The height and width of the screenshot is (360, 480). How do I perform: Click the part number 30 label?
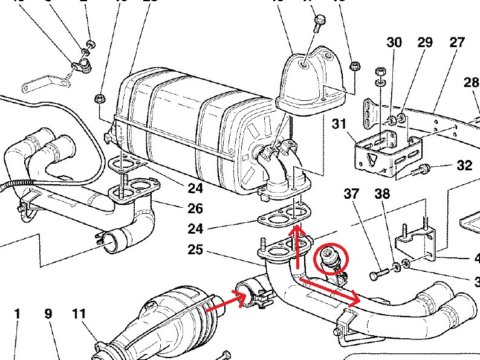point(394,42)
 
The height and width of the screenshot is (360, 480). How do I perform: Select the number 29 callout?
point(425,42)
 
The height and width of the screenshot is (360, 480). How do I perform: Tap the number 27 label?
point(457,42)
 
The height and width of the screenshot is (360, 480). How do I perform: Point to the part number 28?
point(472,82)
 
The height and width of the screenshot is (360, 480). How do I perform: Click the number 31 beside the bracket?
point(340,124)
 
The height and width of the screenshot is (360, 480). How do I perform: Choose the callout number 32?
point(464,165)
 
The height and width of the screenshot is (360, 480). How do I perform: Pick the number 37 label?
point(351,194)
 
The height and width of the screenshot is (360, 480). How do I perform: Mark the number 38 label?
point(382,194)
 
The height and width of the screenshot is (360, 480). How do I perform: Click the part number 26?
point(195,209)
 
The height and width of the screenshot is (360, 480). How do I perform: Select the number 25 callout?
point(195,249)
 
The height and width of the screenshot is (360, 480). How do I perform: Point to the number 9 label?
point(48,314)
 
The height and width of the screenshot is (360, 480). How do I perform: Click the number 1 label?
point(18,314)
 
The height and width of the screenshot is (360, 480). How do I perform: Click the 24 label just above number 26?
point(195,188)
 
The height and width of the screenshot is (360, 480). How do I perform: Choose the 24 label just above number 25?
point(195,229)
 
